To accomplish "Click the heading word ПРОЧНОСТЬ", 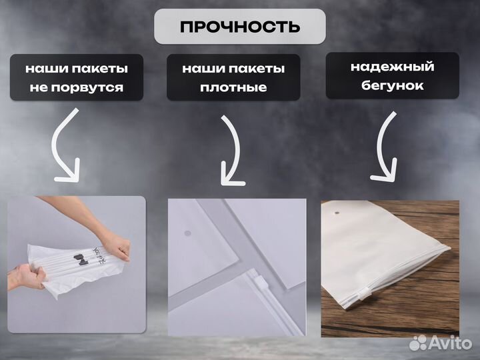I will (239, 27).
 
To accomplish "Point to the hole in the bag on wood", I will (334, 214).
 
